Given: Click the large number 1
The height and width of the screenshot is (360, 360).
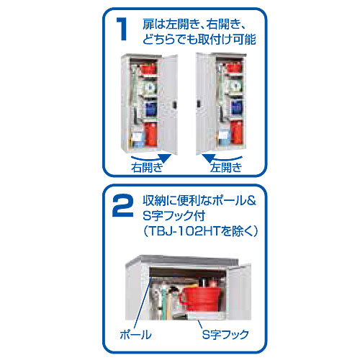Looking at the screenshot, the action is click(x=122, y=29).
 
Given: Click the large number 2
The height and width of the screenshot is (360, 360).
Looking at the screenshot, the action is click(x=122, y=206).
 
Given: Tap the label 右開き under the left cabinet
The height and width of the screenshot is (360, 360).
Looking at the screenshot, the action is click(x=147, y=167).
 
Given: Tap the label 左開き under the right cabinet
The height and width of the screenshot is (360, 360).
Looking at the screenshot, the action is click(x=226, y=167).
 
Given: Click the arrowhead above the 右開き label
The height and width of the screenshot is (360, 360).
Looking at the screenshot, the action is click(x=165, y=158).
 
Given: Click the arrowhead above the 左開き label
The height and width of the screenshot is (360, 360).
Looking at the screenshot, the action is click(x=208, y=158).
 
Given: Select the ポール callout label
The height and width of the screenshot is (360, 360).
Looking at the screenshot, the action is click(x=135, y=334).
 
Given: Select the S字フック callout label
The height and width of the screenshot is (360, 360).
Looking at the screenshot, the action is click(x=225, y=334).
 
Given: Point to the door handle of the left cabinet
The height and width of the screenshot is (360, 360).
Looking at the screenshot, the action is click(x=174, y=104).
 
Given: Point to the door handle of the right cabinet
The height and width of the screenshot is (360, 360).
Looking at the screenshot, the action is click(x=199, y=103).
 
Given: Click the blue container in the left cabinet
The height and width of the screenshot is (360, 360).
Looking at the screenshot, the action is click(x=150, y=109).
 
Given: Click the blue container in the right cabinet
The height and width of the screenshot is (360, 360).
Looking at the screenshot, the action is click(x=236, y=107).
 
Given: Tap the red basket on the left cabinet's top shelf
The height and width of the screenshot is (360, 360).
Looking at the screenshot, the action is click(x=148, y=68).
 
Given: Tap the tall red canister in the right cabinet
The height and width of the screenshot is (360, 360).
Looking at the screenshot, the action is click(x=237, y=132).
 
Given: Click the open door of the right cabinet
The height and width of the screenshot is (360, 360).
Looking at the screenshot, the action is click(x=204, y=104).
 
